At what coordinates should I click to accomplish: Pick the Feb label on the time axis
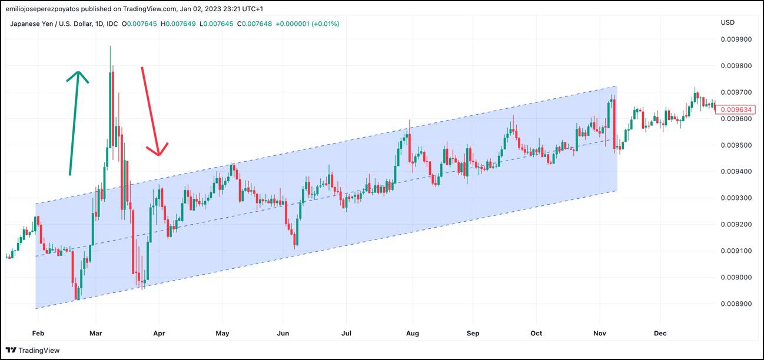[x=37, y=334]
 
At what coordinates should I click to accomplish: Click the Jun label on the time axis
[x=283, y=334]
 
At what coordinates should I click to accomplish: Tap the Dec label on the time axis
[x=660, y=334]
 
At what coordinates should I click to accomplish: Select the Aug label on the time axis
[x=413, y=334]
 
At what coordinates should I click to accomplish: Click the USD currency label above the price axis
[x=728, y=22]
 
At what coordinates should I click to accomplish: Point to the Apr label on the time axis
[x=159, y=334]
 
